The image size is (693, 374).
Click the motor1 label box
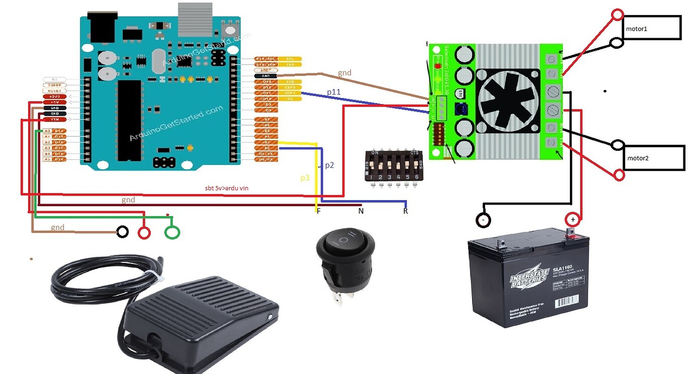pos(651,28)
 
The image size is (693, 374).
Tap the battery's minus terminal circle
pos(483,220)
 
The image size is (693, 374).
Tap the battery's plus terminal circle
pos(572,220)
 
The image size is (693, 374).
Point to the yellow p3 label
pos(305,178)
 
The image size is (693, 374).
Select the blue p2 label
pos(329,165)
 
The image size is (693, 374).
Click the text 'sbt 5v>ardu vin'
pos(226,188)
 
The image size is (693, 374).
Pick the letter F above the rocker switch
pos(318,211)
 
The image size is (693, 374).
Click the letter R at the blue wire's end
pos(405,211)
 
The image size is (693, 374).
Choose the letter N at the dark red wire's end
pos(361,211)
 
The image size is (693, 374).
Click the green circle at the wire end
pos(172,232)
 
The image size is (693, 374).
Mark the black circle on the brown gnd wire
pos(122,232)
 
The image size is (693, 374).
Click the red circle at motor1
pos(617,15)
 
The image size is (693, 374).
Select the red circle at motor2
pos(619,175)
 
